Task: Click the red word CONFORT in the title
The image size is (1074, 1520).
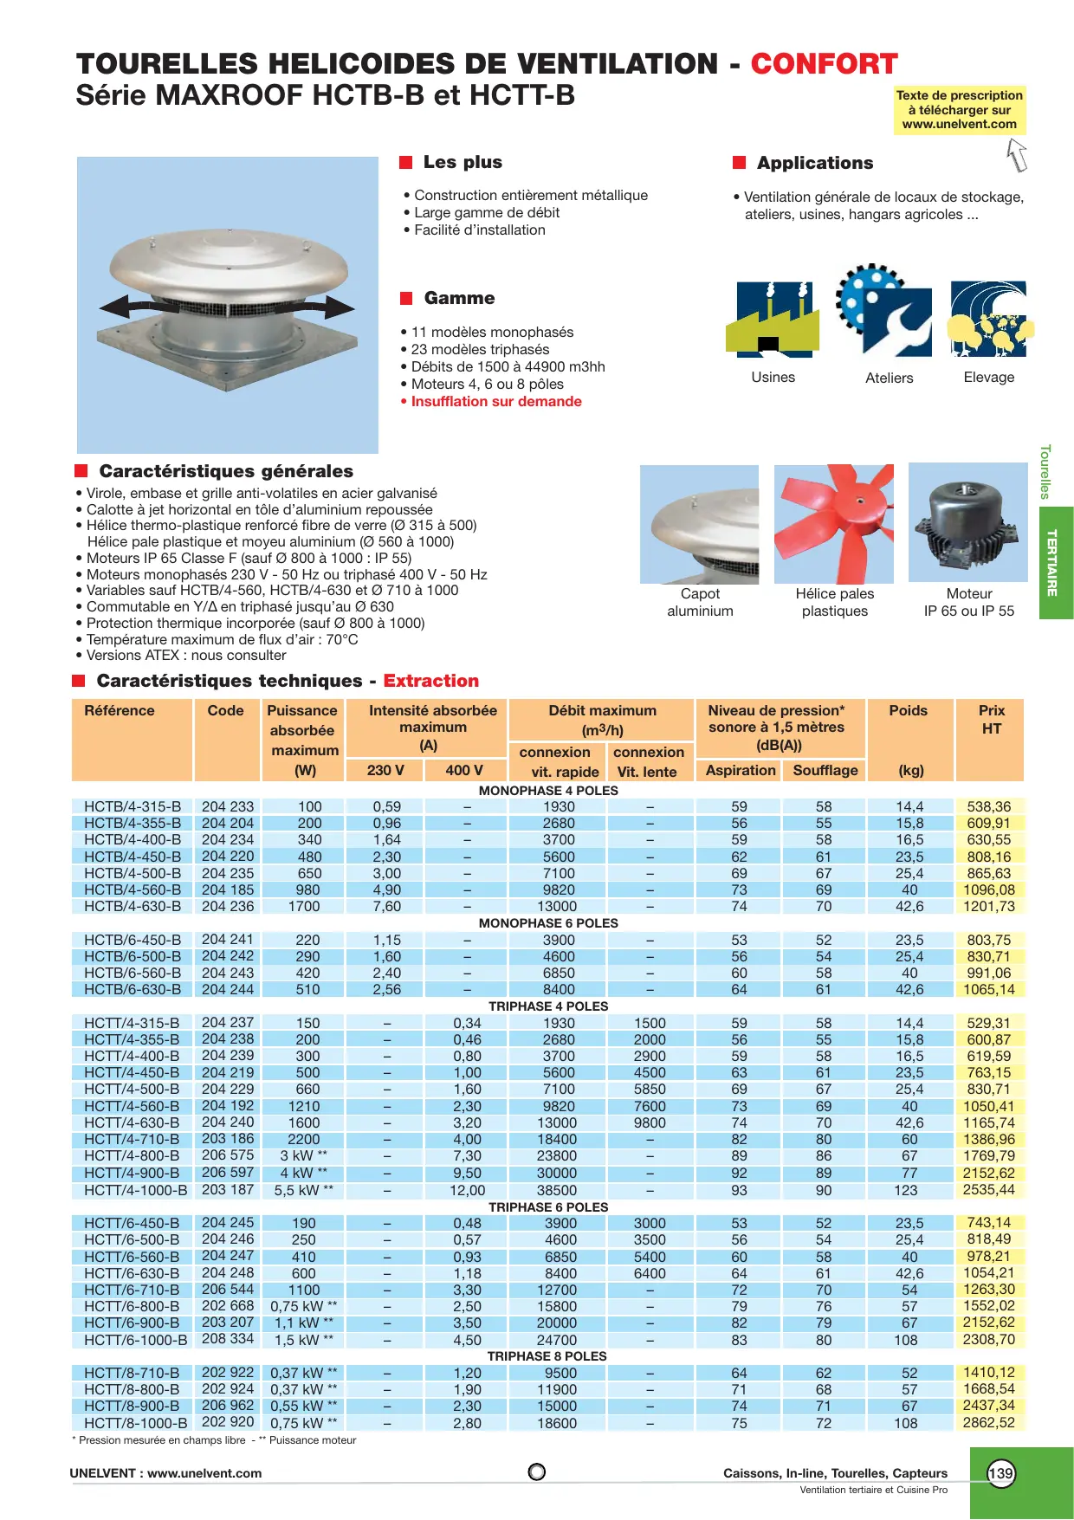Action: tap(824, 64)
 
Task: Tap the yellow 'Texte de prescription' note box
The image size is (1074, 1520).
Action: tap(959, 110)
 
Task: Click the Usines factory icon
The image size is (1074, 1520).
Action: tap(773, 319)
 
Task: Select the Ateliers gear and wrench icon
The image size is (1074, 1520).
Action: tap(885, 312)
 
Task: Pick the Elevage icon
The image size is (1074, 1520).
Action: tap(989, 319)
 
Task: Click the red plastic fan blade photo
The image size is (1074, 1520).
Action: tap(833, 524)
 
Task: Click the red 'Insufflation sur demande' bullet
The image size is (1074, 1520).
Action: tap(495, 402)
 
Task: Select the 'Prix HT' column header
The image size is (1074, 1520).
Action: tap(991, 720)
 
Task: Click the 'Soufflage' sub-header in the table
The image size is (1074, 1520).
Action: tap(825, 771)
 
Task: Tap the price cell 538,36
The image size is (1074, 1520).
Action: tap(988, 807)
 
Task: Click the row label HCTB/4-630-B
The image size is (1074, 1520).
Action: tap(133, 907)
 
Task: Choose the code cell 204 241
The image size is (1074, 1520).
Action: tap(228, 940)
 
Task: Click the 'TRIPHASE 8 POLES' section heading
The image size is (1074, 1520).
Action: tap(547, 1356)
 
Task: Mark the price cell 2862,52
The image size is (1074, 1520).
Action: tap(988, 1423)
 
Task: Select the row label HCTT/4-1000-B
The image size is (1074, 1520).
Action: tap(135, 1191)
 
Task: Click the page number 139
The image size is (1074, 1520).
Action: tap(1000, 1473)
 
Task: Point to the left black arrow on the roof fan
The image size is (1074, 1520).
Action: tap(130, 306)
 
